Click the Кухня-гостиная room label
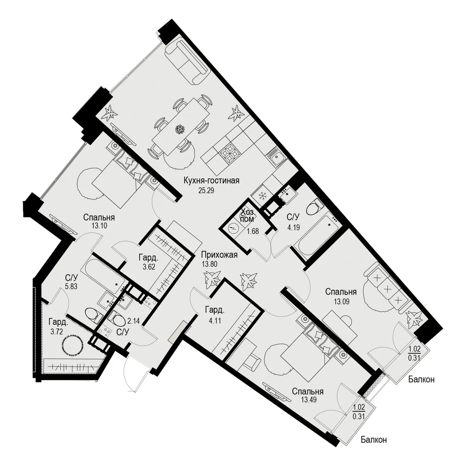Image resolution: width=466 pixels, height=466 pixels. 211,180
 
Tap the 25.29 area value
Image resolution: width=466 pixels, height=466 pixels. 206,191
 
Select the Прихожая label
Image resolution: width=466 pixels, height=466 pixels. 219,255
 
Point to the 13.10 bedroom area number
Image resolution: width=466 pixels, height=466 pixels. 99,226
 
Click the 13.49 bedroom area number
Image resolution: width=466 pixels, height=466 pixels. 308,400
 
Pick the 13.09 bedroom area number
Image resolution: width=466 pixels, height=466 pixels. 341,302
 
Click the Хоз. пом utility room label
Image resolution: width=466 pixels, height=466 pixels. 248,216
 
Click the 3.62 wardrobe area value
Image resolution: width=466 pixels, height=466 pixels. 149,266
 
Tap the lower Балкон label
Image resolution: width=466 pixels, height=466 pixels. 374,440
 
